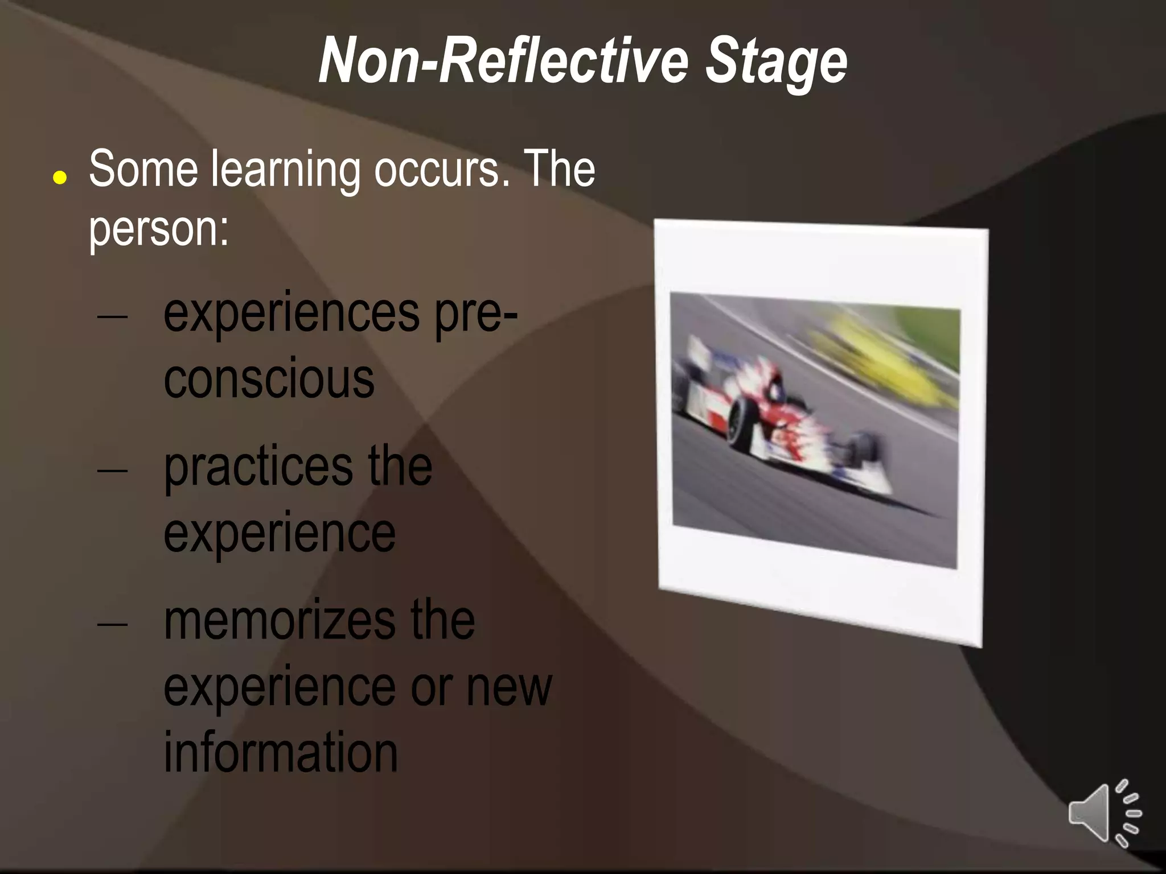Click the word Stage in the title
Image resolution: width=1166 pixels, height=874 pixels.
[x=776, y=61]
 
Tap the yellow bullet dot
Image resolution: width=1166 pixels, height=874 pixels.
[x=60, y=178]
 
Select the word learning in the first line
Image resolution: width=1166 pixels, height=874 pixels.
[x=285, y=170]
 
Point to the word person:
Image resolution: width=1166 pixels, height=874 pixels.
[x=158, y=229]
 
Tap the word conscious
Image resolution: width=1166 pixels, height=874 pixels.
[x=269, y=379]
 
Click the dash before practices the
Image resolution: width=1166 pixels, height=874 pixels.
[x=112, y=471]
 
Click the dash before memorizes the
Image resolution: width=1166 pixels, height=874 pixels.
[x=112, y=624]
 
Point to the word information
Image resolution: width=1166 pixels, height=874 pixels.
[x=280, y=752]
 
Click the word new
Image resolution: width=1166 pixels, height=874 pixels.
[x=509, y=687]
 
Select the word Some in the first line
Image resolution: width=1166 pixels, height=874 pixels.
[x=143, y=169]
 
